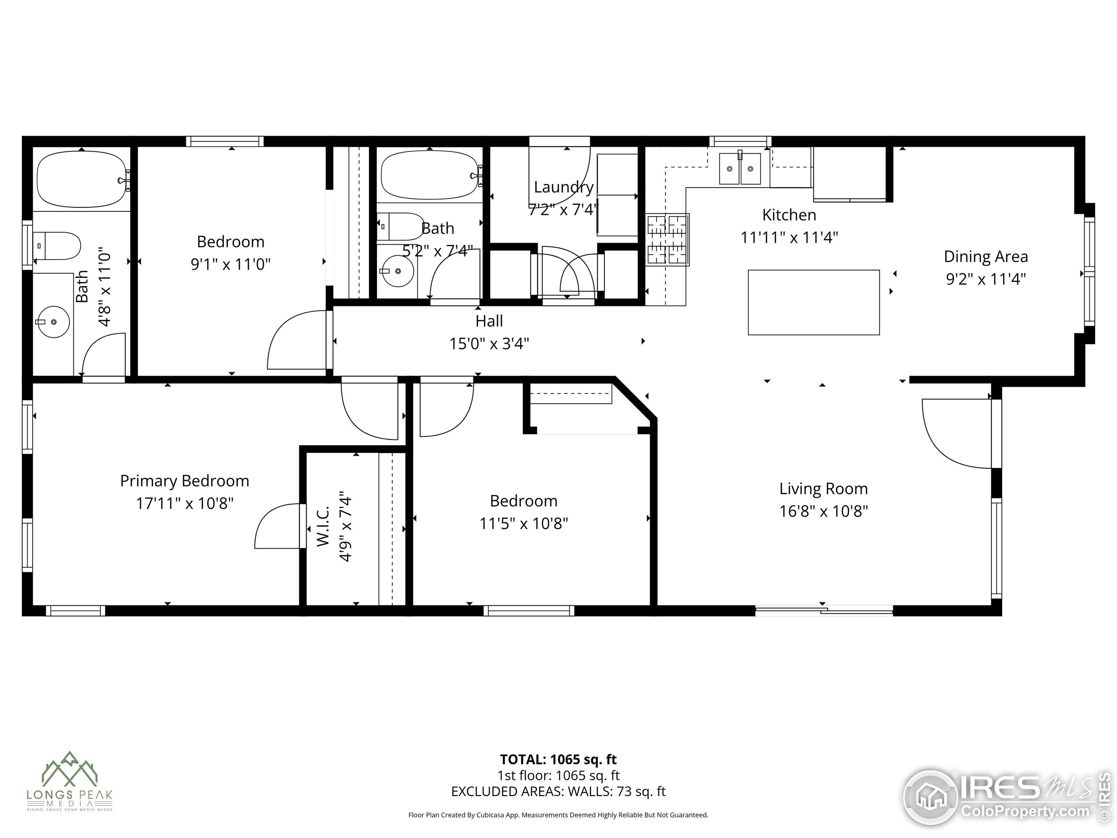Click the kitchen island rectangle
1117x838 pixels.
813,302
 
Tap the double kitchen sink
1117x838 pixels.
740,169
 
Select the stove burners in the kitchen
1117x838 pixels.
668,240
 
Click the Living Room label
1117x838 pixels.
823,488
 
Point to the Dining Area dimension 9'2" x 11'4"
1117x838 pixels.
985,279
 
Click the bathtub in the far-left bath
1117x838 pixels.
81,179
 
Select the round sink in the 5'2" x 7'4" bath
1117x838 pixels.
398,271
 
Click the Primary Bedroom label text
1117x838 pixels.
184,481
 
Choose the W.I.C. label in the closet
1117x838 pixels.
323,526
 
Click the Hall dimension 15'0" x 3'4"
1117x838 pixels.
489,343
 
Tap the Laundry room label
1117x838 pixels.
564,187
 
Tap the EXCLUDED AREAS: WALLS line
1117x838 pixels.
558,792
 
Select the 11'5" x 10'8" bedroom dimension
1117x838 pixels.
523,523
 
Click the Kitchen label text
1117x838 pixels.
789,215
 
